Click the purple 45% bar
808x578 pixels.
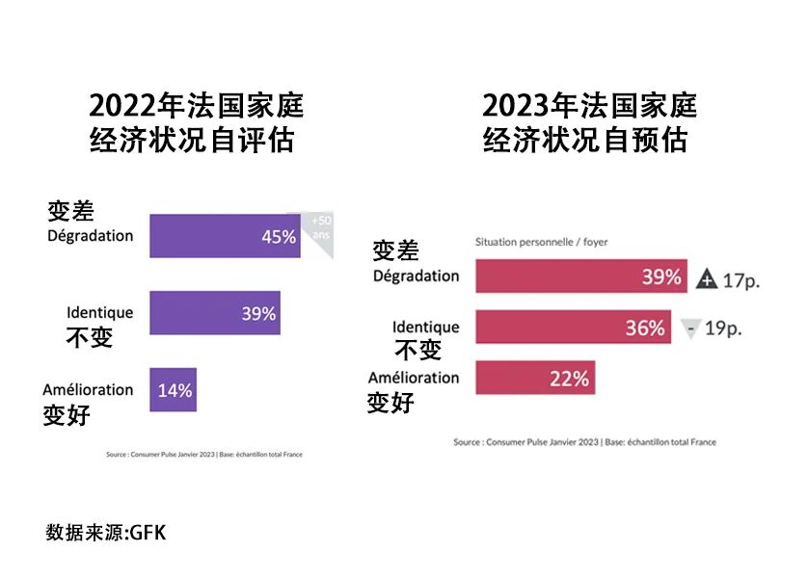point(224,236)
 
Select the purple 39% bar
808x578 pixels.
point(214,313)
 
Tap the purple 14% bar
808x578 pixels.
point(173,390)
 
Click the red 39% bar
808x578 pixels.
point(580,277)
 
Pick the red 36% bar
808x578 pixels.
point(573,328)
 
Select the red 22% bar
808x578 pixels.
point(534,378)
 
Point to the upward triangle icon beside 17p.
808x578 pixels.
point(707,280)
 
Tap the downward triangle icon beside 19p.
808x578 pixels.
point(689,328)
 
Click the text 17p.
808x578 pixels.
point(741,280)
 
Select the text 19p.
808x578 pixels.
point(723,328)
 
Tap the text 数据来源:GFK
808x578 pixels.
point(105,533)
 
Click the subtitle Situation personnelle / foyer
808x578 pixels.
point(541,243)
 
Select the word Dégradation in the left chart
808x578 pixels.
point(90,236)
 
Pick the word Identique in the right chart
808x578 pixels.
point(425,328)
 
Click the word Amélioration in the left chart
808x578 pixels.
point(88,390)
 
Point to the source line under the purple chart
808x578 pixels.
point(203,455)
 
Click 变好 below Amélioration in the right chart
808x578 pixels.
point(391,402)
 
